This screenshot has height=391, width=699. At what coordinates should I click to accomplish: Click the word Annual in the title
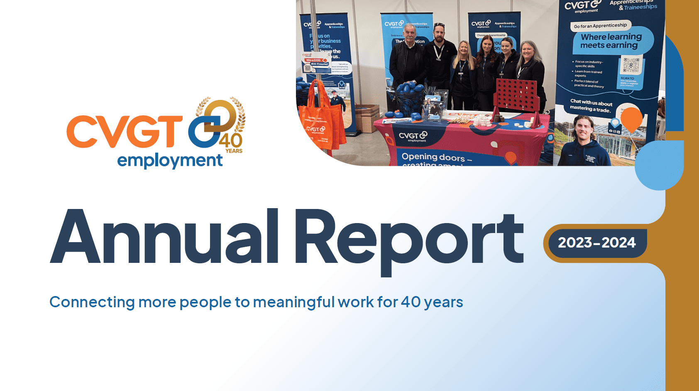[164, 237]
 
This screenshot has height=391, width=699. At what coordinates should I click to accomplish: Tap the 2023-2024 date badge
[596, 243]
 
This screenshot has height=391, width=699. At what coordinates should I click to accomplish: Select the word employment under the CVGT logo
[170, 160]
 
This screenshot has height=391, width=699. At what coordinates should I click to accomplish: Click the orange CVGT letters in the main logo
[124, 131]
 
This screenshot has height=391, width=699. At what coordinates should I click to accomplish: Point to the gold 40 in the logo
[231, 140]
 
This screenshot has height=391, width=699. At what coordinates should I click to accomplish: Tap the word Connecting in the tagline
[92, 302]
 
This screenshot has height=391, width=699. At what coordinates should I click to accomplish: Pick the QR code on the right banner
[631, 66]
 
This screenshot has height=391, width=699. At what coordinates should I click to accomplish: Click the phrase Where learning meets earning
[611, 41]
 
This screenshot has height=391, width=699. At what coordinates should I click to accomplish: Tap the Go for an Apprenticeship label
[600, 26]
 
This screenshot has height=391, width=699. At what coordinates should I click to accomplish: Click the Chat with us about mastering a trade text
[591, 105]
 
